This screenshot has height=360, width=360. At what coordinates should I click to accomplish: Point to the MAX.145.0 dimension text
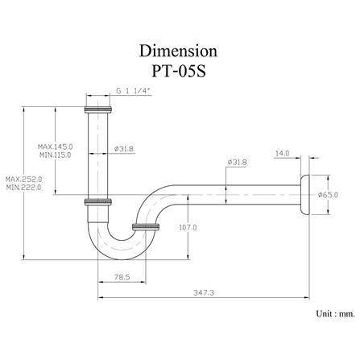56,146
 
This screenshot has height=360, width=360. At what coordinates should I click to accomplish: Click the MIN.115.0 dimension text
56,154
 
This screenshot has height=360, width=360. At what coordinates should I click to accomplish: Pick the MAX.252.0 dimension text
24,179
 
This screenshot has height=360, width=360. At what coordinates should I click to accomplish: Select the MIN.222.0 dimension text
24,187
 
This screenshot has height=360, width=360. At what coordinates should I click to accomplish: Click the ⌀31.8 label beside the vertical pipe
124,148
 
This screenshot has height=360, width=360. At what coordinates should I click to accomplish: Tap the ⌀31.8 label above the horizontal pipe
237,162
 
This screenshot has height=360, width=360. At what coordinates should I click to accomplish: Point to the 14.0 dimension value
282,152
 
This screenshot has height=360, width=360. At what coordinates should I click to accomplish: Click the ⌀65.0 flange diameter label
329,194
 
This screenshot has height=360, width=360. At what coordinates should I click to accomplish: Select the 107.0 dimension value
187,228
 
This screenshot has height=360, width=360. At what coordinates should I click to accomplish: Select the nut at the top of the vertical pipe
97,108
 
